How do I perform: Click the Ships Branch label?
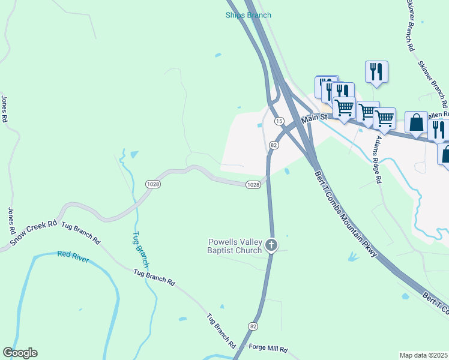249,15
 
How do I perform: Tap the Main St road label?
313,119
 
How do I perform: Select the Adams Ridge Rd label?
378,159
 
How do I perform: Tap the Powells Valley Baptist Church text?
235,246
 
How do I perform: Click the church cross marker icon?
271,245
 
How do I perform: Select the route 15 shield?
279,121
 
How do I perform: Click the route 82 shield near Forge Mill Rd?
253,326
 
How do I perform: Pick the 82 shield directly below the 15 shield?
274,145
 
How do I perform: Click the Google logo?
20,353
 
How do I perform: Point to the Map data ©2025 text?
423,355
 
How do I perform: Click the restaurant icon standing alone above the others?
376,72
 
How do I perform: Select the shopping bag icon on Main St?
416,123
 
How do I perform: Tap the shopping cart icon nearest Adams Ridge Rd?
384,119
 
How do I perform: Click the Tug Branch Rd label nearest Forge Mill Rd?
221,331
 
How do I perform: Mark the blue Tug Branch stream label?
140,249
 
